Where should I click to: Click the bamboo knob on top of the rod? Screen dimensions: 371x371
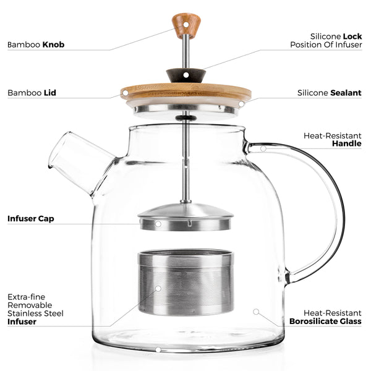click(186, 24)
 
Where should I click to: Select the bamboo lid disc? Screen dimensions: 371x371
click(185, 92)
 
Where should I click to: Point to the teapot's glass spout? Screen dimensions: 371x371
click(77, 161)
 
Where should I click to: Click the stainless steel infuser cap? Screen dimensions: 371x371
click(185, 216)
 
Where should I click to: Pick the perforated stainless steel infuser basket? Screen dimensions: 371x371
click(185, 282)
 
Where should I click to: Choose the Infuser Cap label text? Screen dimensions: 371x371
click(30, 218)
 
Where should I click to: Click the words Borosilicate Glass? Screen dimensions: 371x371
click(325, 322)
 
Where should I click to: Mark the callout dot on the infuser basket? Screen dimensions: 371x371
click(158, 288)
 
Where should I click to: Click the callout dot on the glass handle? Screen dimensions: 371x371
click(263, 148)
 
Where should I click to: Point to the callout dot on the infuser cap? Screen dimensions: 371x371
click(158, 223)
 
